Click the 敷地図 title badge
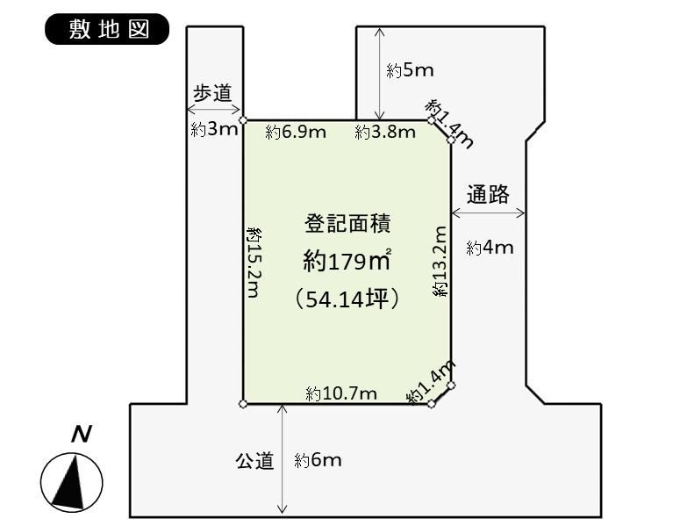[107, 29]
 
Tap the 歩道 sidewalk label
[212, 93]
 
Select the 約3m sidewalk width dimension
[215, 129]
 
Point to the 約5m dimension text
[410, 70]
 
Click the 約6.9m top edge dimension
[296, 132]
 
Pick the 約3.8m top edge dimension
[385, 132]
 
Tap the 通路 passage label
[488, 194]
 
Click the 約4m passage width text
[490, 248]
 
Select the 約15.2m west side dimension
[254, 262]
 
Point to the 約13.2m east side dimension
[440, 262]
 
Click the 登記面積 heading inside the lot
[347, 224]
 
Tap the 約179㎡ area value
[347, 261]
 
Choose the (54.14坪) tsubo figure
[347, 299]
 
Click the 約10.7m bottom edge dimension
[341, 393]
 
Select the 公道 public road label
[255, 460]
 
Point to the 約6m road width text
[318, 460]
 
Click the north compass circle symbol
[72, 482]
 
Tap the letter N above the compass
[82, 434]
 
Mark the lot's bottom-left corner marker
[243, 404]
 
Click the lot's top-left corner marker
[243, 119]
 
